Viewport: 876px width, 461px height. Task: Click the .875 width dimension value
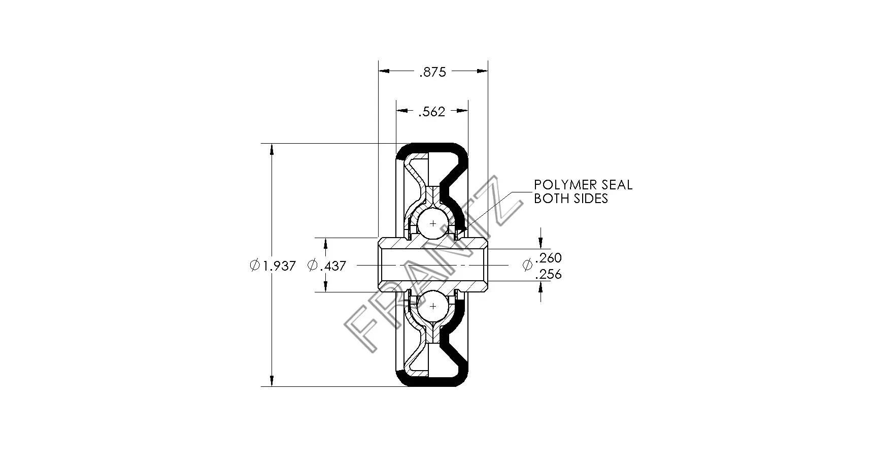432,72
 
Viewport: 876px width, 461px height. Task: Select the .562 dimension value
431,112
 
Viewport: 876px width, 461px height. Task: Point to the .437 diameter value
333,265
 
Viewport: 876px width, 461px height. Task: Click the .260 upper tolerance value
548,257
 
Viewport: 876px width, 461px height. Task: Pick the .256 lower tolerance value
548,274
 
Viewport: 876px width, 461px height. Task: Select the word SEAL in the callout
616,185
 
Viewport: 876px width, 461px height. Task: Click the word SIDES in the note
591,198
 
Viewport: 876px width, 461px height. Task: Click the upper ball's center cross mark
433,223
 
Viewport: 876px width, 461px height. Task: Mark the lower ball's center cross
433,306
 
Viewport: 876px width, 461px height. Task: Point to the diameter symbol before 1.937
255,265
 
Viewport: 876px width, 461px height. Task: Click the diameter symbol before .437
313,265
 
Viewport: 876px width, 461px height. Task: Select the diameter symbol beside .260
528,265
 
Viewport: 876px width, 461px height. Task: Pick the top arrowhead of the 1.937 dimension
272,150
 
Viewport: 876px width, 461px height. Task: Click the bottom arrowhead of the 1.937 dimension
272,381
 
